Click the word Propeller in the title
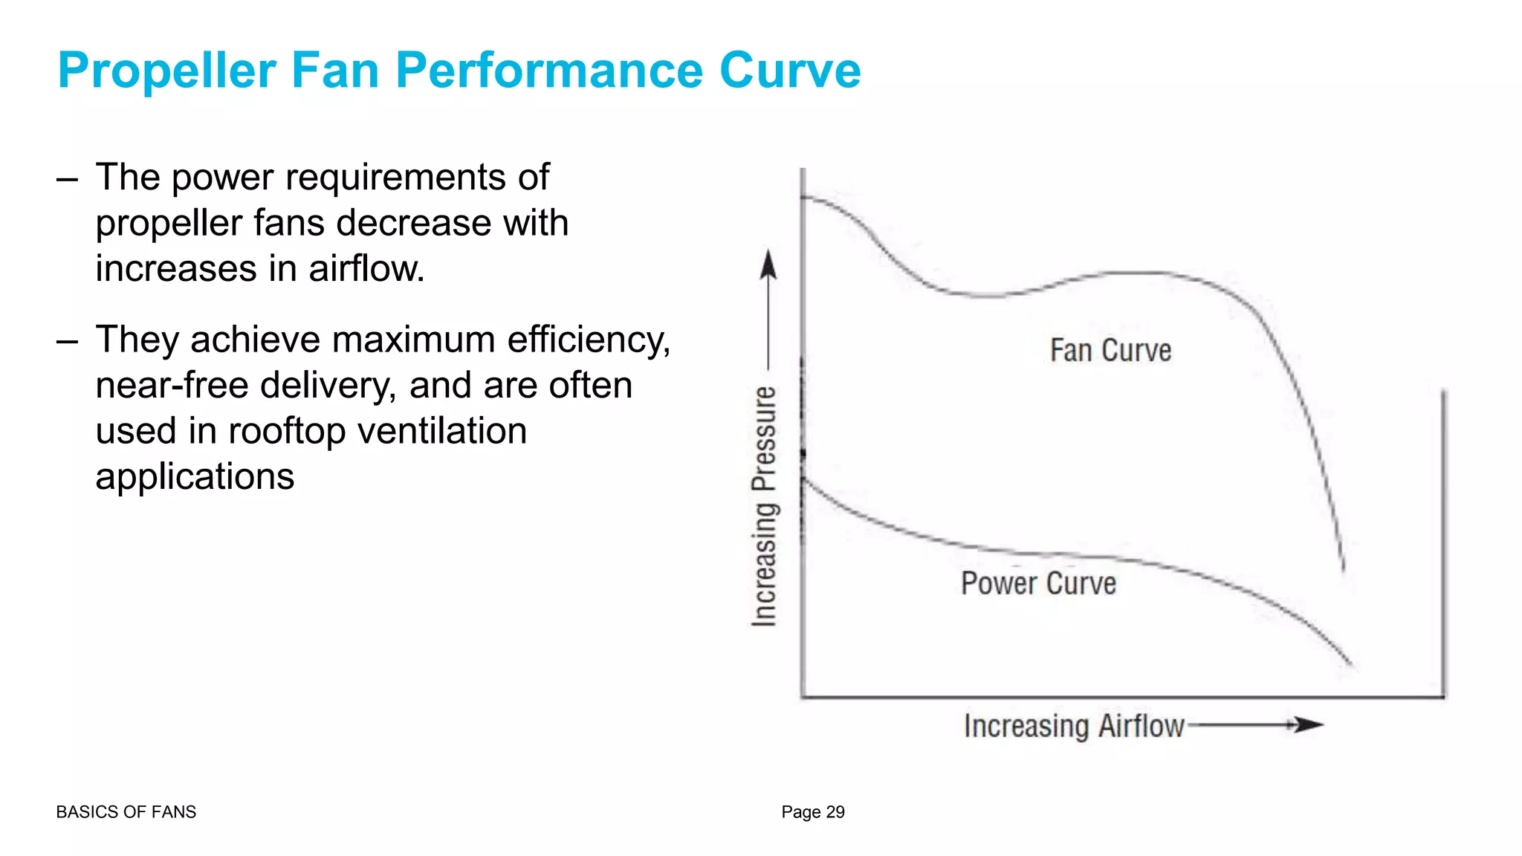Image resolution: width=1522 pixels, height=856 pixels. [x=167, y=71]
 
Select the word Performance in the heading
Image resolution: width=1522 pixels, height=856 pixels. [x=549, y=71]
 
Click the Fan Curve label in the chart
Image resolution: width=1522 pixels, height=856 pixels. [x=1110, y=351]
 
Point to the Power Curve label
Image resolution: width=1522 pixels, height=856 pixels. [x=1038, y=583]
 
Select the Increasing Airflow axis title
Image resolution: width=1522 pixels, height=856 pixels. [x=1074, y=726]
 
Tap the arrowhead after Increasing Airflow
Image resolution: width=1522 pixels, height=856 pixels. [x=1308, y=724]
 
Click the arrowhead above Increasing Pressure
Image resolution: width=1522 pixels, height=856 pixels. [x=768, y=265]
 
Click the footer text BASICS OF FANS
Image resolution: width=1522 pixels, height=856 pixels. [x=126, y=812]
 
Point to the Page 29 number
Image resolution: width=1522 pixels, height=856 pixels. [x=813, y=812]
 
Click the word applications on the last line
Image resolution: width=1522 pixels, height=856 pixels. [x=195, y=477]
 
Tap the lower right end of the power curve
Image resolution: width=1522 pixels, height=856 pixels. [x=1350, y=662]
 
